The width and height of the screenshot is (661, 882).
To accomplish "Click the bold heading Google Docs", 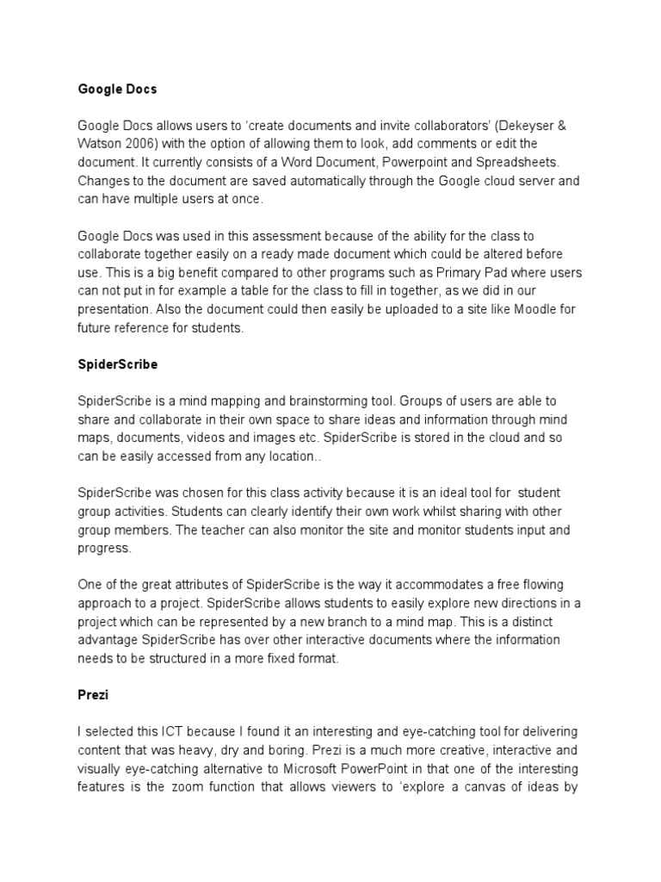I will [x=117, y=88].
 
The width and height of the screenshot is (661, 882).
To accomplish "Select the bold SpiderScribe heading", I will [x=118, y=364].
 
